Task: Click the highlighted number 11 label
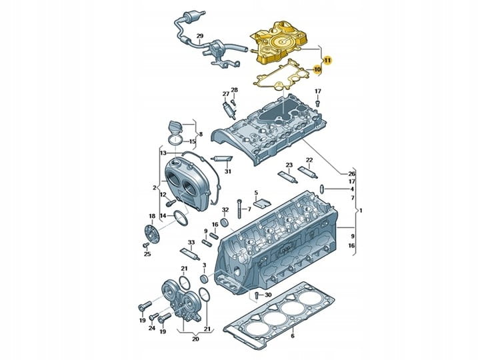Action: pyautogui.click(x=327, y=60)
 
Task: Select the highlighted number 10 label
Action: pyautogui.click(x=317, y=69)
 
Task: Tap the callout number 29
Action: pyautogui.click(x=199, y=36)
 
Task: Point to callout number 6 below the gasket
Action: pyautogui.click(x=293, y=336)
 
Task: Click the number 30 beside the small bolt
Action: pyautogui.click(x=268, y=295)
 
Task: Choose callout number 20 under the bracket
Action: pyautogui.click(x=195, y=339)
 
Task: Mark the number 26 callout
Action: pyautogui.click(x=352, y=174)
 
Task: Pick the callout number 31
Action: pyautogui.click(x=228, y=171)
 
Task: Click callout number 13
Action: pyautogui.click(x=163, y=153)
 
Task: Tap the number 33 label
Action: pyautogui.click(x=191, y=243)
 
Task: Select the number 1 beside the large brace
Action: pyautogui.click(x=361, y=211)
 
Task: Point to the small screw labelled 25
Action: pyautogui.click(x=146, y=245)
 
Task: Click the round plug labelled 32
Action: pyautogui.click(x=225, y=221)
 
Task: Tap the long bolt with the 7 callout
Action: pyautogui.click(x=239, y=209)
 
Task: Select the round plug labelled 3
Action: pyautogui.click(x=204, y=279)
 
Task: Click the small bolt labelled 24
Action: pyautogui.click(x=153, y=317)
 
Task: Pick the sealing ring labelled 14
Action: pyautogui.click(x=181, y=218)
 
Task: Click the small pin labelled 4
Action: pyautogui.click(x=323, y=189)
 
